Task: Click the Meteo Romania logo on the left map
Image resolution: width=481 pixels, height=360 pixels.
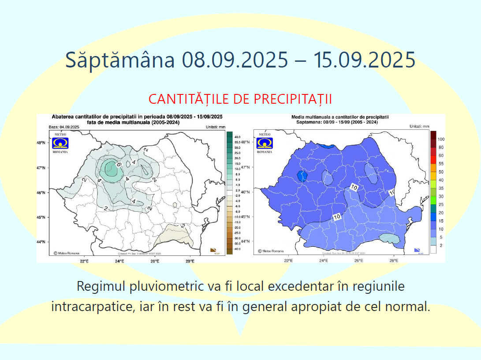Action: coord(60,143)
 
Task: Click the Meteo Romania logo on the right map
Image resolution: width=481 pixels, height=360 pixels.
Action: coord(265,143)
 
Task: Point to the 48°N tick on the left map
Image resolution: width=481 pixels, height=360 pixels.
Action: coord(42,143)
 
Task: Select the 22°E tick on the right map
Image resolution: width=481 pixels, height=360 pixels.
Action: coord(288,261)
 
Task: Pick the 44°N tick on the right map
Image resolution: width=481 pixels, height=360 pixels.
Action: coord(246,241)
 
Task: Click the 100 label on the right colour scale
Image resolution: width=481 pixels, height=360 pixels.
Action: coord(441,139)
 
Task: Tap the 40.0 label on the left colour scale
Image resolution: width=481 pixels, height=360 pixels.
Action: coord(237,137)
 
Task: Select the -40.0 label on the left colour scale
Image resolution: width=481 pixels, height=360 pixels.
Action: coord(237,249)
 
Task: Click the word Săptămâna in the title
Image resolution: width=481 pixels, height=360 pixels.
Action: coord(120,60)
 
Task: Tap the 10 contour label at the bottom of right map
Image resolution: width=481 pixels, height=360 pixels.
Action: coord(337,217)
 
